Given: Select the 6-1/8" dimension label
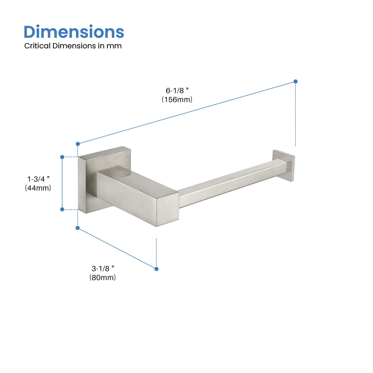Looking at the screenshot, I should (177, 91).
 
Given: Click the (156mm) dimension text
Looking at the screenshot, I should (177, 100).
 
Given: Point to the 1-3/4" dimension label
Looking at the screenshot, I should (38, 179).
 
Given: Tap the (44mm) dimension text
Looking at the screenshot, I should (38, 188).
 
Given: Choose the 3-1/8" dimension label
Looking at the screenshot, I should (103, 269).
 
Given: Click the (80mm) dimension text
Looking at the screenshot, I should (103, 277).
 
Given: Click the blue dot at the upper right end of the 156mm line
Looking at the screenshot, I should (296, 81).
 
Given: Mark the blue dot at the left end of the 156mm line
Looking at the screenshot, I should (78, 144).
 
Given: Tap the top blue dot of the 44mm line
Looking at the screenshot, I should (62, 157).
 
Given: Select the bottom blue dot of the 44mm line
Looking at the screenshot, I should (62, 209).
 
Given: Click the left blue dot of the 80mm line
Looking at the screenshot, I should (77, 228).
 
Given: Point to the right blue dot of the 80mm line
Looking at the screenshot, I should (156, 269).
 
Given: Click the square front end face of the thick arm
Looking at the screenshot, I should (168, 209).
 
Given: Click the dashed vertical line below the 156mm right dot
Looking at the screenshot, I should (296, 116).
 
